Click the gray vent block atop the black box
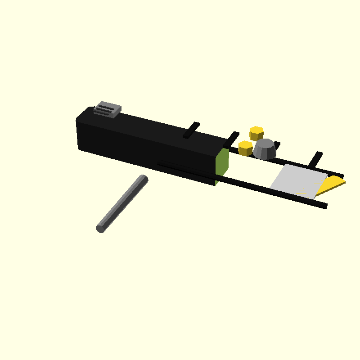coord(108,109)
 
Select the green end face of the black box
coord(222,162)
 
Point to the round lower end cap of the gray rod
coord(100,229)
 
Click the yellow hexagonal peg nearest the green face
coord(245,148)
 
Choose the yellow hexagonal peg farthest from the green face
coord(256,133)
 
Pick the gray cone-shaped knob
coord(265,149)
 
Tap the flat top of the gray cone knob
coord(265,143)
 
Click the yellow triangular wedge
coord(331,185)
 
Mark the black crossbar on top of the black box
coord(191,130)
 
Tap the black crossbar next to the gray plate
coord(317,158)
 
